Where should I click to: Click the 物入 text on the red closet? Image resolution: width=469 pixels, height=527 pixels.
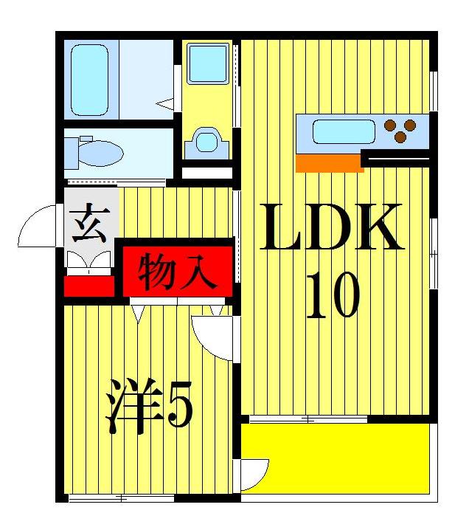pos(178,272)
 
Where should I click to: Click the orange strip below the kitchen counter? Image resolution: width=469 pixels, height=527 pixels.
pos(329,164)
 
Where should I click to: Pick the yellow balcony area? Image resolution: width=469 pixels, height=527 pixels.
pos(336,458)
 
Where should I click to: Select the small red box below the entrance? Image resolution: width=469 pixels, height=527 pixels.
pos(89,286)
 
